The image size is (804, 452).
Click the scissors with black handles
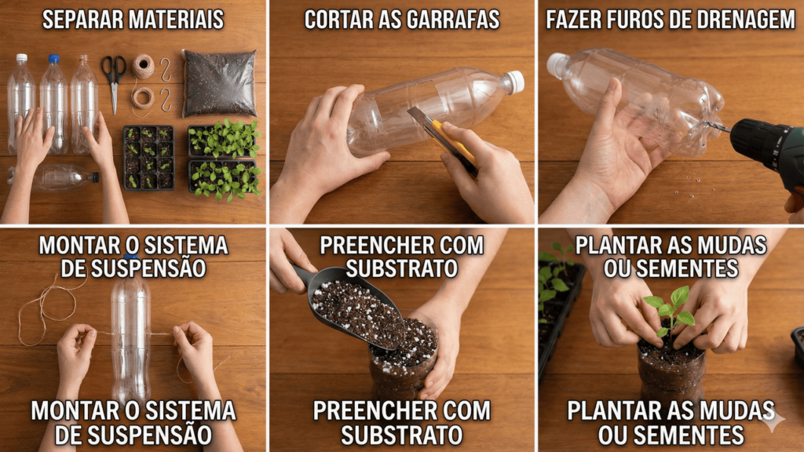click(114, 77)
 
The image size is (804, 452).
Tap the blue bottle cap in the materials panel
click(54, 59)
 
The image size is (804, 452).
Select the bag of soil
click(220, 83)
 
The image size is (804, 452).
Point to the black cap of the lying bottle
click(95, 177)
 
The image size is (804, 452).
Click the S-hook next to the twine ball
click(165, 70)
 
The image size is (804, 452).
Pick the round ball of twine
click(143, 67)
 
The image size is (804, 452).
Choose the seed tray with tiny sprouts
click(148, 158)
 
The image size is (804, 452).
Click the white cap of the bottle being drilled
click(555, 64)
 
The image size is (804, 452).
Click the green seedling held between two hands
click(671, 311)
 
